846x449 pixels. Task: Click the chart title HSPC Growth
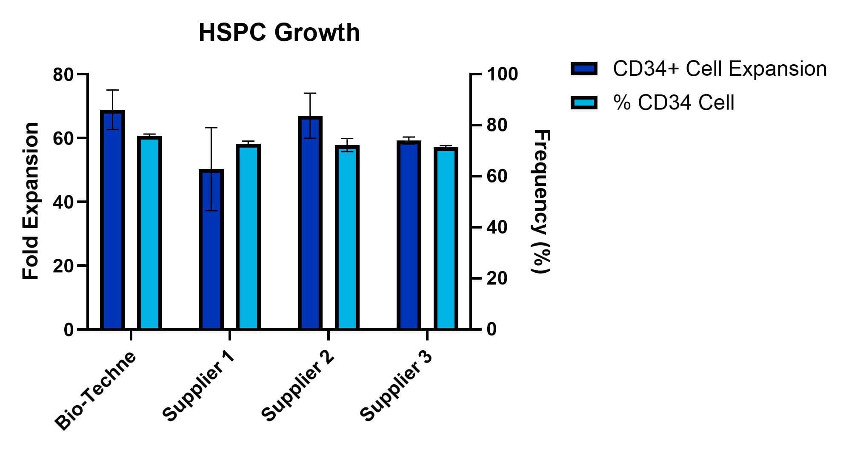point(279,32)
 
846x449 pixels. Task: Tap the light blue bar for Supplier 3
point(446,238)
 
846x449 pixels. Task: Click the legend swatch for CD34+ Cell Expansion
point(584,69)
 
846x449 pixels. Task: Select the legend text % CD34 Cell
point(673,103)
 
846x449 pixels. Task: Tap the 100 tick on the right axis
point(502,74)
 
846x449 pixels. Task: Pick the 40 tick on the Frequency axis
point(497,228)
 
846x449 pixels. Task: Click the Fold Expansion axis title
point(31,201)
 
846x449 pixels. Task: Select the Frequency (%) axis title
point(541,201)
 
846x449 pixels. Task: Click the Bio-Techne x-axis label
point(96,391)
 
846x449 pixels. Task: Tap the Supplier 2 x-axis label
point(298,386)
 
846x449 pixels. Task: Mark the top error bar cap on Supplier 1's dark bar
point(211,128)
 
